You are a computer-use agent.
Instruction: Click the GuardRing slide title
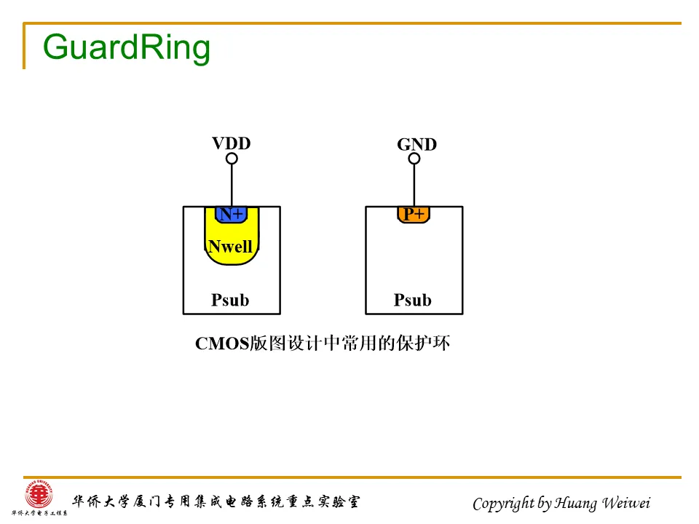point(127,47)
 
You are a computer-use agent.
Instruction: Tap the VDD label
point(231,143)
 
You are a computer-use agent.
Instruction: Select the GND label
point(416,145)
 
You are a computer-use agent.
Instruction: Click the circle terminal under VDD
point(232,159)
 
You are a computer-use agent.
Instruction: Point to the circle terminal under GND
point(414,159)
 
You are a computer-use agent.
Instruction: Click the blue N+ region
point(232,214)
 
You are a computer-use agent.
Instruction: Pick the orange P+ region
point(414,214)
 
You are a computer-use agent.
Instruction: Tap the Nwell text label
point(230,247)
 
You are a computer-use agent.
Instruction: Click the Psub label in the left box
point(230,300)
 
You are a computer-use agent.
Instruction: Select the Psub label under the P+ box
point(413,300)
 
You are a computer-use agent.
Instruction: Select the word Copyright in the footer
point(502,503)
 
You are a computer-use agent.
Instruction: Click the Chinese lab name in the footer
point(215,501)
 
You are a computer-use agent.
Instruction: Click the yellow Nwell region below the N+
point(232,262)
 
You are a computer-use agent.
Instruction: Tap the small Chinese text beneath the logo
point(35,514)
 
